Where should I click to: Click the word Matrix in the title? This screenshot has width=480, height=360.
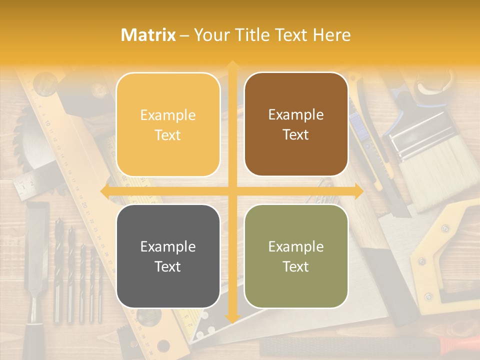(x=148, y=35)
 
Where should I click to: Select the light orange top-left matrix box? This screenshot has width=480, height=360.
(x=168, y=124)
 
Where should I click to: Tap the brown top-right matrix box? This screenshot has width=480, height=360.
(x=296, y=124)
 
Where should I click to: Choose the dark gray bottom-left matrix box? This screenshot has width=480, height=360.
(x=168, y=256)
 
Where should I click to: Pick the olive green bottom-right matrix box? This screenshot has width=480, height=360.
(x=296, y=256)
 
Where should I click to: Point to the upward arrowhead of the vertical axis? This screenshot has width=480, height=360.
(x=232, y=65)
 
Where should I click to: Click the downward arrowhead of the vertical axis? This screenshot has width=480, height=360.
(x=232, y=318)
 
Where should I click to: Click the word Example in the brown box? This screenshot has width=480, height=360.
(x=296, y=115)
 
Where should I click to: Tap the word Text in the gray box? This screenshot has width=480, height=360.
(x=168, y=266)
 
